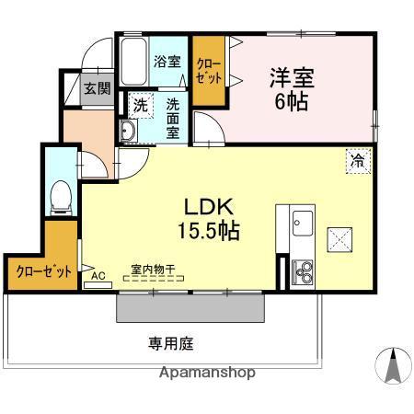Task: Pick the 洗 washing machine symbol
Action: coord(141,105)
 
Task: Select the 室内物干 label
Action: coord(153,270)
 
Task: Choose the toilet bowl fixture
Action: coord(62,194)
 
